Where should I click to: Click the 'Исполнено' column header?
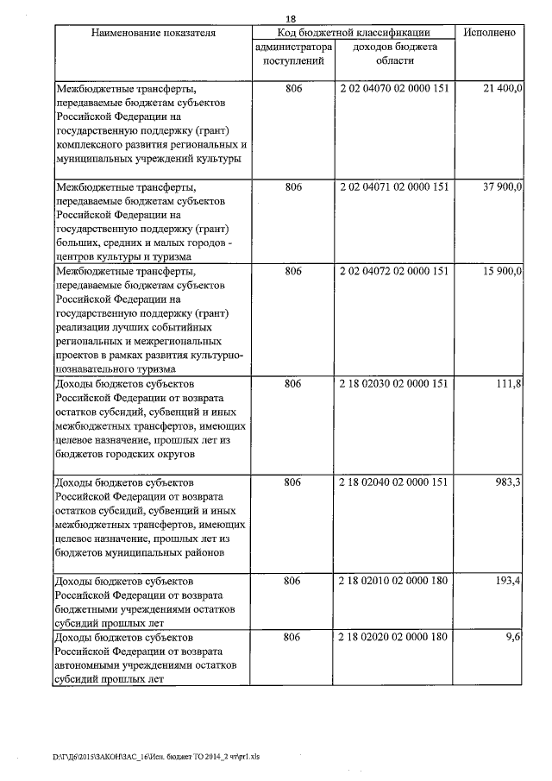489,33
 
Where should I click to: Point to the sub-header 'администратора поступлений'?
293,54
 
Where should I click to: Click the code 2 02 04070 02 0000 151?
395,90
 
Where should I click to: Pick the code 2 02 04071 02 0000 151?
395,186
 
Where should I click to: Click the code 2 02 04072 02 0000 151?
395,271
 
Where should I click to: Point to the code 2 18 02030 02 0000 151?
395,384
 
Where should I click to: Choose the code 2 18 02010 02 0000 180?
395,581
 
